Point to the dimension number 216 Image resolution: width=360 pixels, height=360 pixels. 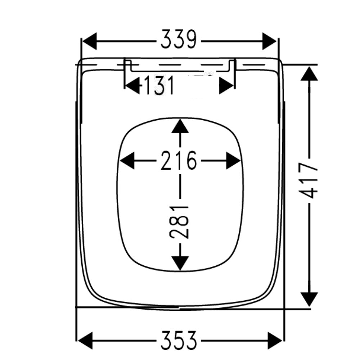point(179,161)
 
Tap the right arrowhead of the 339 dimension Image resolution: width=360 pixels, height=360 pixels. point(269,41)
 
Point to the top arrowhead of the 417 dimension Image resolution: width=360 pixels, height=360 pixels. point(309,74)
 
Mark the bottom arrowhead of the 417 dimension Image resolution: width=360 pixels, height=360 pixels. point(309,298)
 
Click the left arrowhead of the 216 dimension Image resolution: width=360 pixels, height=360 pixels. point(127,161)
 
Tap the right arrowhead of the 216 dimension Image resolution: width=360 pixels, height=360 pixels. point(233,161)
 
